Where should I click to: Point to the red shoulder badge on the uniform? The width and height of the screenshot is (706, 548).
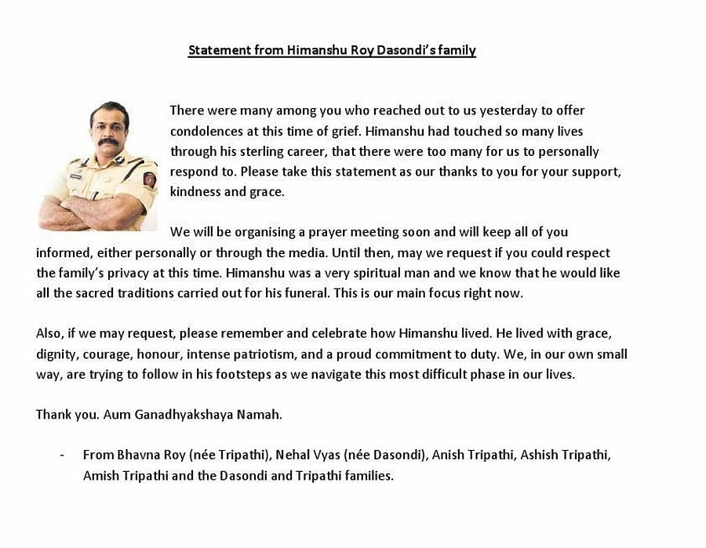pyautogui.click(x=149, y=179)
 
